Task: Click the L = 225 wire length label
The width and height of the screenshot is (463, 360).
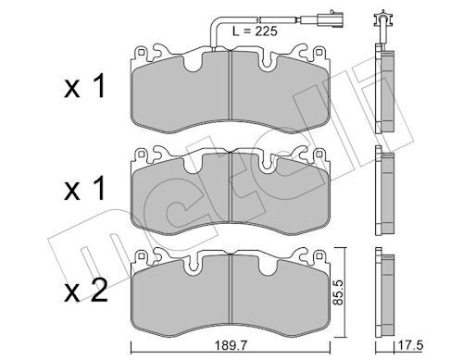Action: tap(255, 31)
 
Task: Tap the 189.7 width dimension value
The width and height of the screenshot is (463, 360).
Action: tap(231, 346)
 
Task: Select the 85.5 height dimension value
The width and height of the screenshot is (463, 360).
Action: tap(339, 292)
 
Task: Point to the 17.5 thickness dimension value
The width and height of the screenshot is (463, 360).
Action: tap(410, 346)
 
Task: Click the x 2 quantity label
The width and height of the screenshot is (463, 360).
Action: tap(86, 291)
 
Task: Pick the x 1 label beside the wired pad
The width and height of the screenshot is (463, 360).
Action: tap(84, 87)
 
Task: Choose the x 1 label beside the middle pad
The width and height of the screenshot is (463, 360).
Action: tap(84, 189)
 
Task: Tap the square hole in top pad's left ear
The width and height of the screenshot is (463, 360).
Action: tap(141, 53)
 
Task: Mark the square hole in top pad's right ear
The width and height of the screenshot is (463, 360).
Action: tap(319, 53)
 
